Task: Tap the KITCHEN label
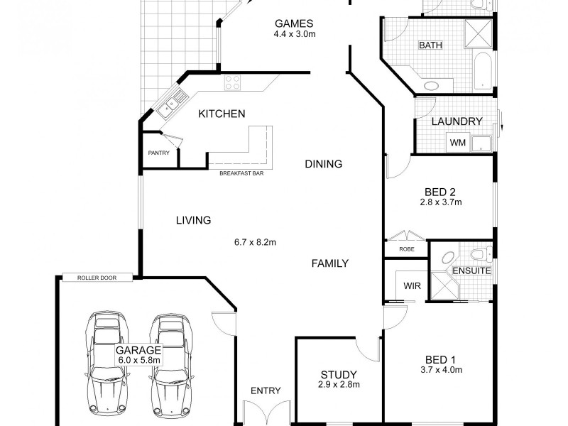222,114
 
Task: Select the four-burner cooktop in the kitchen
233,83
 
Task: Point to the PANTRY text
158,153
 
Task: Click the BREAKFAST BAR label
241,173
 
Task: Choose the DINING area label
323,164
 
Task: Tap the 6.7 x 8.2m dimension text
255,242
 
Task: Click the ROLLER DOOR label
97,278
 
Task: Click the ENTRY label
266,390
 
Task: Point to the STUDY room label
339,375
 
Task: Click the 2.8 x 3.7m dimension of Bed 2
441,202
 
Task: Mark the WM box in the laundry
457,143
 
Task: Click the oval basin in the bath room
431,85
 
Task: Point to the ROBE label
407,250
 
